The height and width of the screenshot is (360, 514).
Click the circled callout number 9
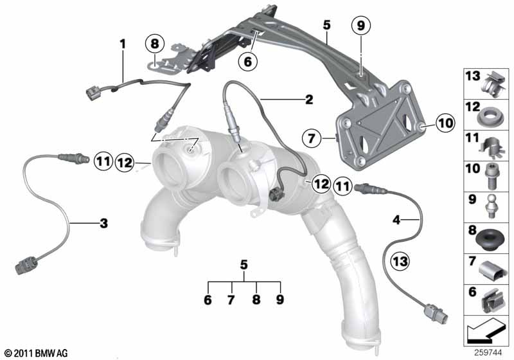click(360, 25)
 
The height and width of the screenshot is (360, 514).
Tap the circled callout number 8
click(154, 44)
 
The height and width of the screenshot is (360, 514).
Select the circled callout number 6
click(247, 61)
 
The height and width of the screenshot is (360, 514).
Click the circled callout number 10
click(445, 123)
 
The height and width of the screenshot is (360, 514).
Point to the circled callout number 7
click(311, 138)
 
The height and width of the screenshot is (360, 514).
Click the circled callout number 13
click(400, 261)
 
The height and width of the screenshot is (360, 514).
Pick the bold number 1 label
click(123, 44)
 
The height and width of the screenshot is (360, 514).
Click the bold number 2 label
click(309, 100)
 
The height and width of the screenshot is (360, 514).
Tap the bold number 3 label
click(103, 223)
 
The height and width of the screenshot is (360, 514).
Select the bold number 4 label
click(396, 220)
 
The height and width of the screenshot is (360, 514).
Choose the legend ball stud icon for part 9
click(490, 206)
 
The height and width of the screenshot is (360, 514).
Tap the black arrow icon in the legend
click(485, 332)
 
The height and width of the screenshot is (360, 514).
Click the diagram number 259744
click(488, 353)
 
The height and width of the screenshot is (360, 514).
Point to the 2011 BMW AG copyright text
click(37, 353)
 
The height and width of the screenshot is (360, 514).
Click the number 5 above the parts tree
click(244, 265)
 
